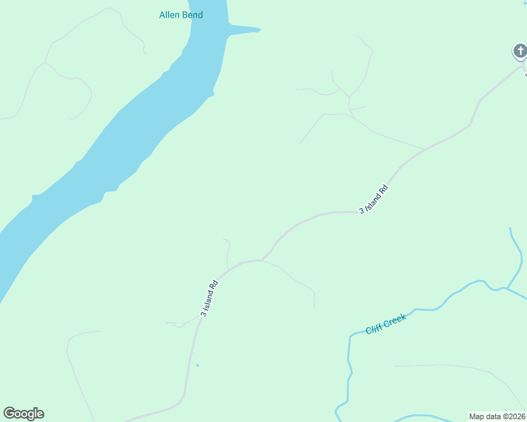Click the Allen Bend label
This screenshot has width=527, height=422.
click(181, 15)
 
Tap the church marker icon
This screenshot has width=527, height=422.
click(519, 51)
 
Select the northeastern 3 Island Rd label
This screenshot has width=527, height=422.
click(374, 199)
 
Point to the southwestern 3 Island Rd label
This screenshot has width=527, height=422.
click(209, 299)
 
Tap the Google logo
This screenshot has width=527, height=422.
click(23, 414)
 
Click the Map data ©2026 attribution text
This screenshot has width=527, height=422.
click(497, 416)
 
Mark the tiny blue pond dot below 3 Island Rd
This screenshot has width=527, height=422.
click(197, 365)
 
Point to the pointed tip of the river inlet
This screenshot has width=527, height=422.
click(260, 30)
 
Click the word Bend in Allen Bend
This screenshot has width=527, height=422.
click(192, 15)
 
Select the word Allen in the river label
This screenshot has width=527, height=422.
click(170, 15)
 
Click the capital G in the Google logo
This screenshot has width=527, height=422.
click(9, 413)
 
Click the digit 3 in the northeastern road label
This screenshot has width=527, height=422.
click(362, 210)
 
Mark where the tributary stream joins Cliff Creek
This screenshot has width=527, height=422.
click(506, 288)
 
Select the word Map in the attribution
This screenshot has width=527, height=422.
click(476, 416)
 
